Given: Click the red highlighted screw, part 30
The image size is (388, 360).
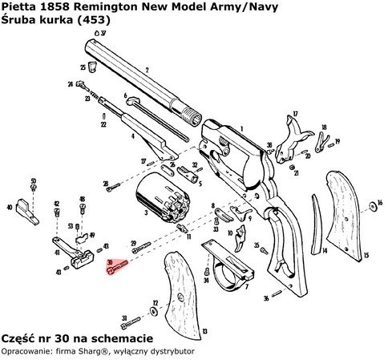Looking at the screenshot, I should (116, 269).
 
